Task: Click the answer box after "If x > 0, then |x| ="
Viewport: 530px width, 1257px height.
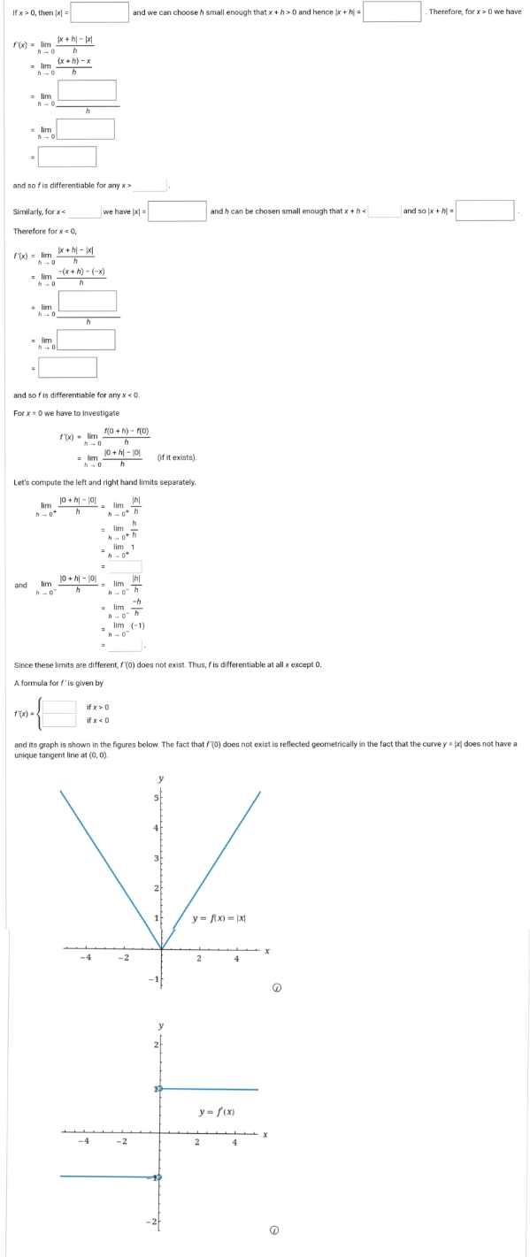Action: point(99,11)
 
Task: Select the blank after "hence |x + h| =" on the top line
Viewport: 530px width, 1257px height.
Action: point(391,11)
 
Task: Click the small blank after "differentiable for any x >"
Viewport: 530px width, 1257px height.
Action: point(151,185)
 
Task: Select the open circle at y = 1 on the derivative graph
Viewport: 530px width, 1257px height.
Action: point(161,1088)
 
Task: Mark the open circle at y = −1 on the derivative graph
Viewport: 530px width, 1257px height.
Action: point(161,1177)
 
